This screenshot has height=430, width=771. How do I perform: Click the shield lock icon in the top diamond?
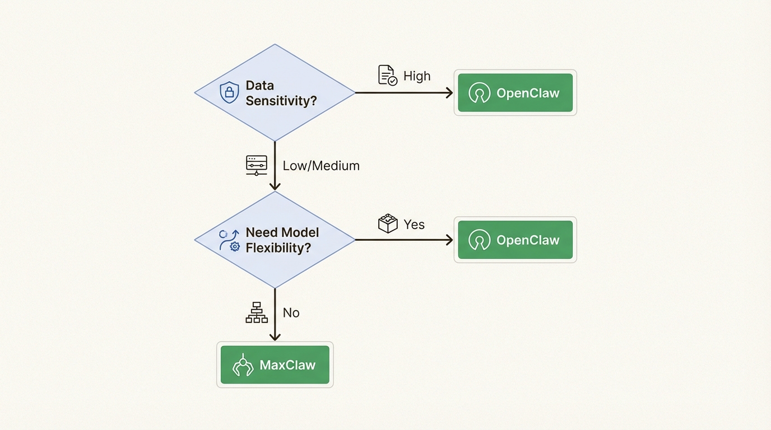[229, 92]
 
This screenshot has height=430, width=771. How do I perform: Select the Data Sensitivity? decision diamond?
[275, 93]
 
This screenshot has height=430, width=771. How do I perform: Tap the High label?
[417, 76]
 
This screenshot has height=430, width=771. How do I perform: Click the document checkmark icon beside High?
[387, 75]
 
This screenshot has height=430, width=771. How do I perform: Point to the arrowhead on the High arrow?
[449, 93]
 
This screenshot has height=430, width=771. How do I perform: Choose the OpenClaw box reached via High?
[515, 93]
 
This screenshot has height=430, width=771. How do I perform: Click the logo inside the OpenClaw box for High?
[479, 93]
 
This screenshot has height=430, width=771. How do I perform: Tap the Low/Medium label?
[321, 166]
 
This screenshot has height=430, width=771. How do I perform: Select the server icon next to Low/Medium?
[257, 166]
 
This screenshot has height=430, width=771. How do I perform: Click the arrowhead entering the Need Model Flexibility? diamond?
[275, 186]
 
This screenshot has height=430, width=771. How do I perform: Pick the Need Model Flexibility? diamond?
[275, 240]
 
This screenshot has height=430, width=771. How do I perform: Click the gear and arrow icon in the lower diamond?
[229, 240]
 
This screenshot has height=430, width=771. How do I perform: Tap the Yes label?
[414, 225]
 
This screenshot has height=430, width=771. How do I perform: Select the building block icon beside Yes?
[387, 223]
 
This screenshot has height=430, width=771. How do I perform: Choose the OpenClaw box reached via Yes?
[515, 240]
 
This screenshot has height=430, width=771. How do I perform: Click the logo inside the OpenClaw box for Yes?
[479, 240]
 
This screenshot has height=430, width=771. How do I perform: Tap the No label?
[291, 312]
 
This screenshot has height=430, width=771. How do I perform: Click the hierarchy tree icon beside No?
[257, 312]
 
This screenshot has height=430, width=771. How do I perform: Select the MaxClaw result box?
[275, 365]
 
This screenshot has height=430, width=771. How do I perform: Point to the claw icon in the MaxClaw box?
[243, 365]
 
